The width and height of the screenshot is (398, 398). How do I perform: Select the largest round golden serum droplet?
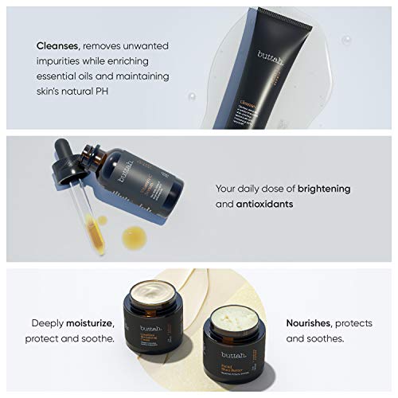[x=135, y=236]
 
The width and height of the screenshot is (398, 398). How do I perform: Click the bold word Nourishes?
[x=307, y=324]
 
